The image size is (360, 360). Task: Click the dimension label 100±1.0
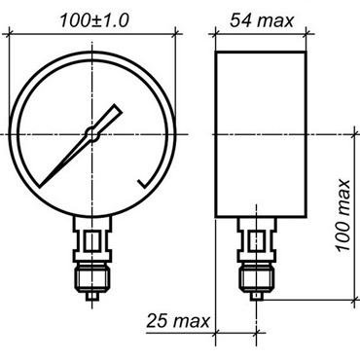pos(94,20)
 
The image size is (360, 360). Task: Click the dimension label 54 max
pos(262,20)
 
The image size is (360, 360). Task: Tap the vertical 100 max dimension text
pos(343,215)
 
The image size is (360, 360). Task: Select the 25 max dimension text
pos(178,321)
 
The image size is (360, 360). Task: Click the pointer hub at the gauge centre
pos(92,133)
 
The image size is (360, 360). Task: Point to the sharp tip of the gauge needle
pos(40,186)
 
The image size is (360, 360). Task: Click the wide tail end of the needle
pos(118,109)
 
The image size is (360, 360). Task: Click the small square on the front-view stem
pos(92,240)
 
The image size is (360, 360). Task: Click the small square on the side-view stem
pos(257,240)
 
